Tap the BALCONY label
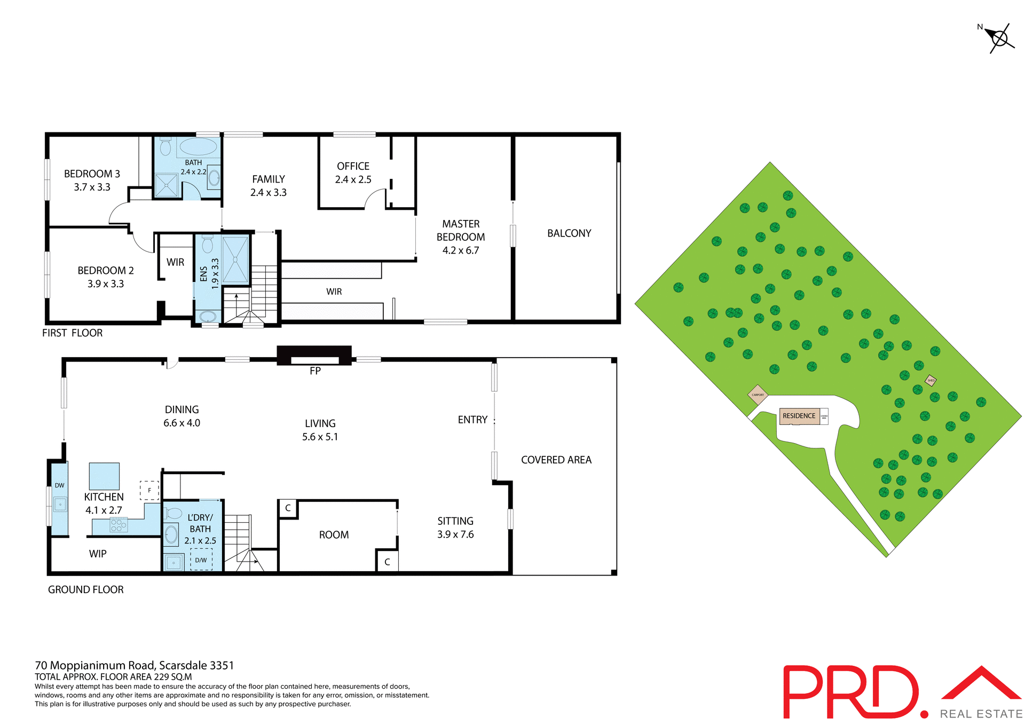point(569,233)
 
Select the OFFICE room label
point(353,167)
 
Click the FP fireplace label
point(315,371)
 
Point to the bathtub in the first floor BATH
point(198,146)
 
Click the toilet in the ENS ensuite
point(208,245)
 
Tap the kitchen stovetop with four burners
point(119,525)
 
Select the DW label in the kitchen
point(59,485)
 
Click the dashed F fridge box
point(149,490)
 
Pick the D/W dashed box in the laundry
point(201,559)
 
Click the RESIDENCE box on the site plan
point(799,416)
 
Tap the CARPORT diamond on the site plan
point(758,395)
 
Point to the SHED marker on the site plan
point(931,380)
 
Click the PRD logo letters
point(851,692)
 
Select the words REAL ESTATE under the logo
point(981,714)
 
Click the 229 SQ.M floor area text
point(172,676)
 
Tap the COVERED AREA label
point(556,460)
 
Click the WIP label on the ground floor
point(98,554)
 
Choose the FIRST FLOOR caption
point(72,333)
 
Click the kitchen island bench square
point(104,476)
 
